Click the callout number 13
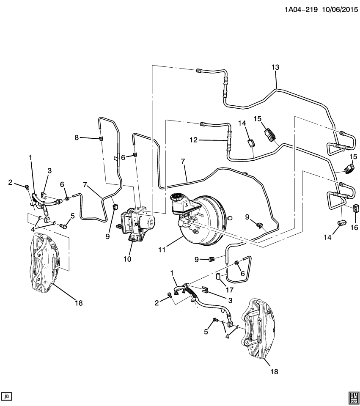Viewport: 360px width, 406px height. (275, 67)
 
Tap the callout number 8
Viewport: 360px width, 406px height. (77, 137)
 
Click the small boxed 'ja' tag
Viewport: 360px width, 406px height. (7, 396)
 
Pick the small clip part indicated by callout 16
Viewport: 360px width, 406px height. (356, 208)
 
